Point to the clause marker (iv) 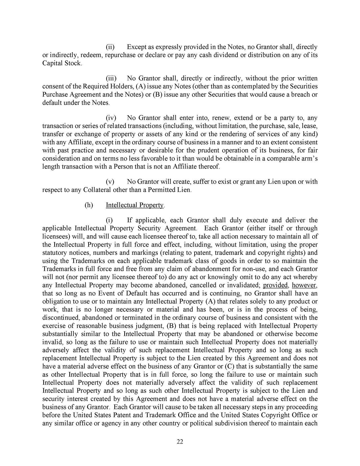coord(110,117)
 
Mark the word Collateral coord(97,190)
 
